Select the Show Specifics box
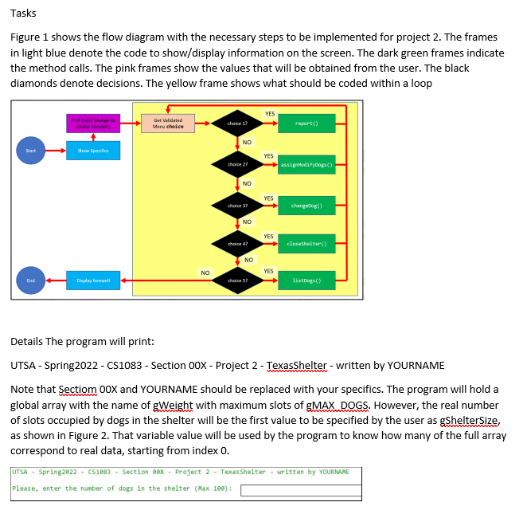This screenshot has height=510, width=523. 93,151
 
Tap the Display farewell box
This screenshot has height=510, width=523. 93,280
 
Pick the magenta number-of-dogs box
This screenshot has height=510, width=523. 93,123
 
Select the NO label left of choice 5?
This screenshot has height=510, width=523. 205,273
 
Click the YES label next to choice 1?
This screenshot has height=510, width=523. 270,114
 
